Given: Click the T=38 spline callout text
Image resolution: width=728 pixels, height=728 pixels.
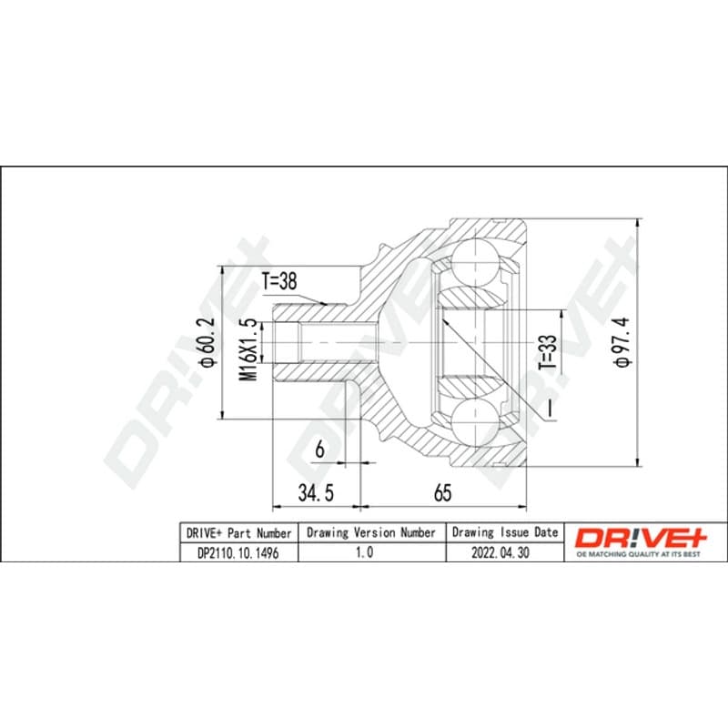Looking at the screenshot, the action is click(x=279, y=281).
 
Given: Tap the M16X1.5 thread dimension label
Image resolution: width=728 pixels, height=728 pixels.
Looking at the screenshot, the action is click(x=248, y=349).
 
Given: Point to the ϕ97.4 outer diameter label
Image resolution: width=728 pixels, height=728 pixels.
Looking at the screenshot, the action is click(x=622, y=342).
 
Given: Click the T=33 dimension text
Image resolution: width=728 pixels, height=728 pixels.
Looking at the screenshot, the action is click(x=548, y=352).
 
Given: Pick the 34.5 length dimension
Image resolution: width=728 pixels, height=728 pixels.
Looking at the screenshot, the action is click(x=316, y=492).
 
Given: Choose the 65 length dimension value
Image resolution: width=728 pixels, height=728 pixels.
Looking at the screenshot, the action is click(x=442, y=492).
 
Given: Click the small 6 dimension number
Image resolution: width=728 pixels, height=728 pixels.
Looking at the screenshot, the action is click(x=320, y=450).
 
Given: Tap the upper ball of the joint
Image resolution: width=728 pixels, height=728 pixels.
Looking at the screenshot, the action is click(x=476, y=262).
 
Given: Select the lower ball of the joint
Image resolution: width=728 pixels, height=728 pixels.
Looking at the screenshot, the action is click(x=475, y=423).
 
